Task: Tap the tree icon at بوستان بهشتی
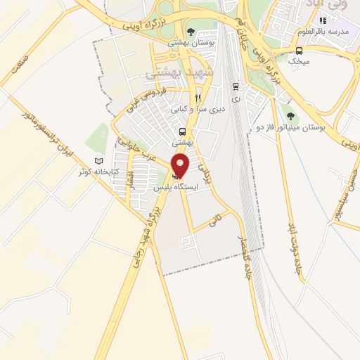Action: click(191, 32)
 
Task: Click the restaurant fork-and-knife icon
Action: click(198, 98)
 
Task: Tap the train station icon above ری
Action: click(236, 86)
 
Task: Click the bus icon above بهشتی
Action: click(183, 131)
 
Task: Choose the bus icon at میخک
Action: click(300, 51)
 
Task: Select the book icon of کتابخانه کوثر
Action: click(98, 161)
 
